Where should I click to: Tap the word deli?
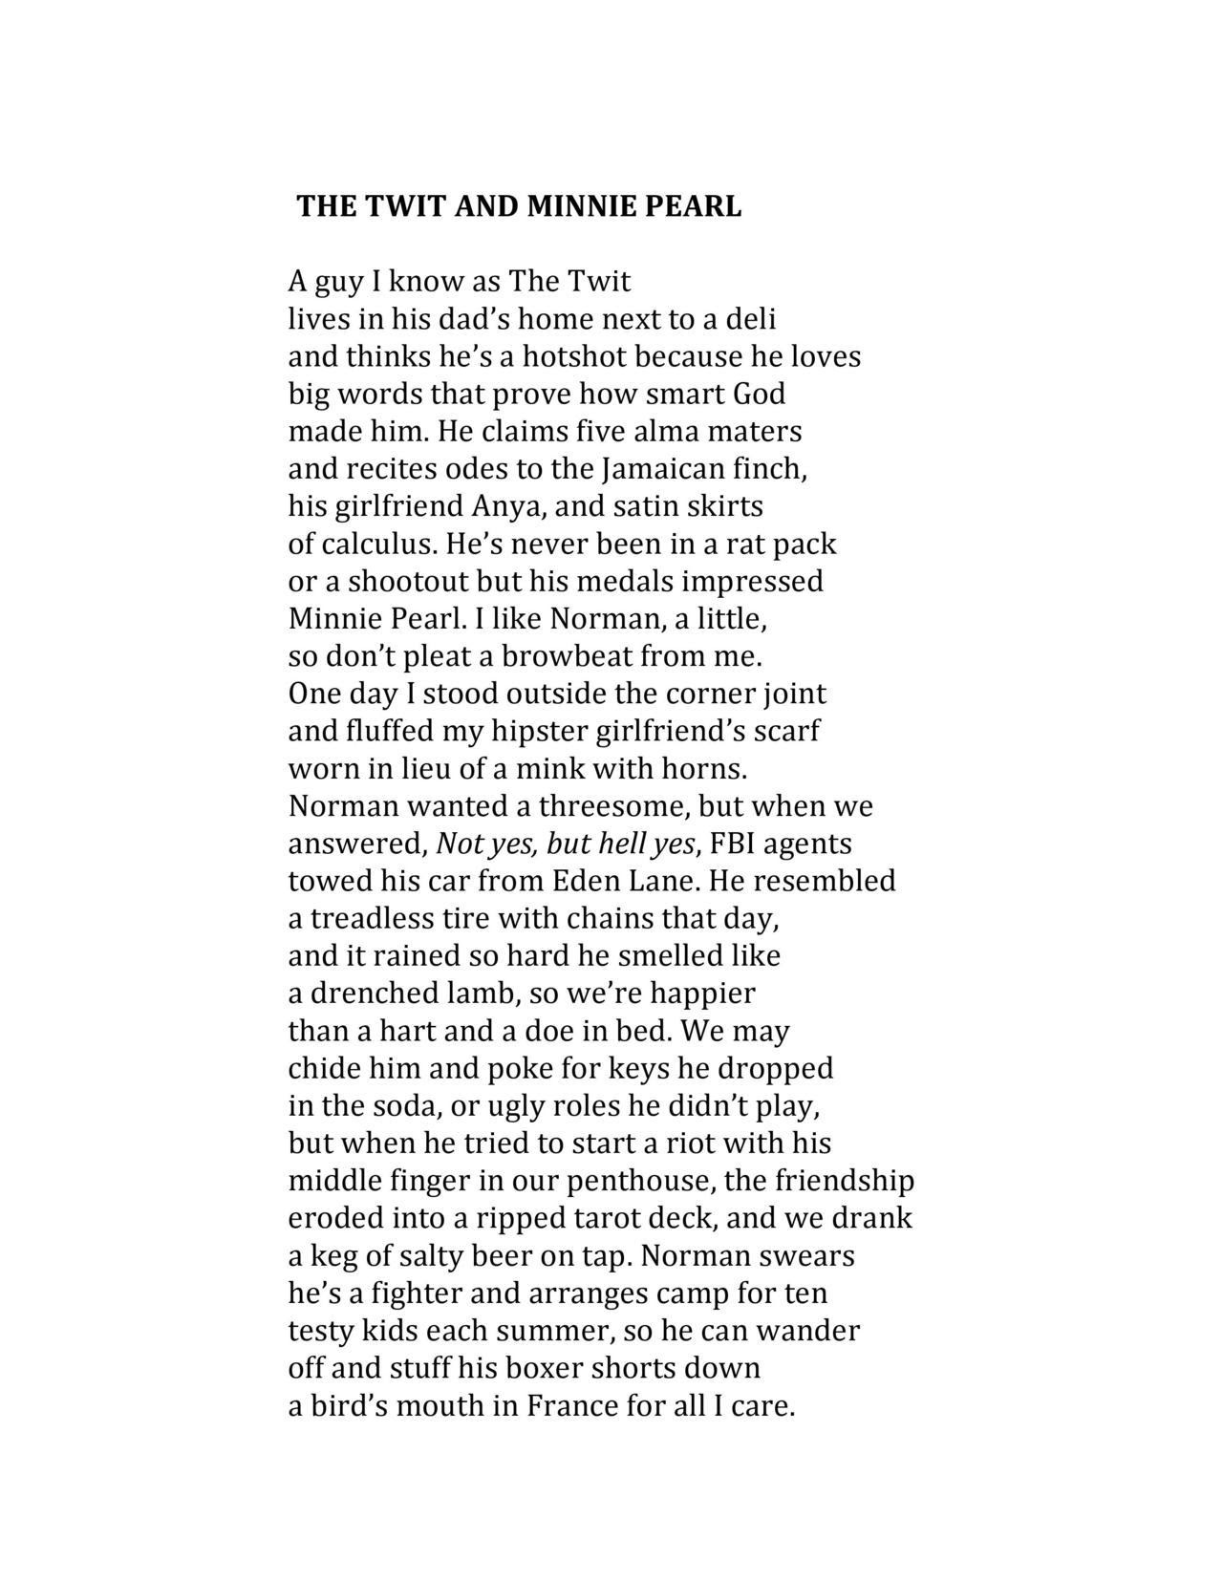point(752,318)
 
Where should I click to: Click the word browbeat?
point(566,656)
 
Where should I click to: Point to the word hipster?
point(539,731)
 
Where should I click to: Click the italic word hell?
point(619,844)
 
